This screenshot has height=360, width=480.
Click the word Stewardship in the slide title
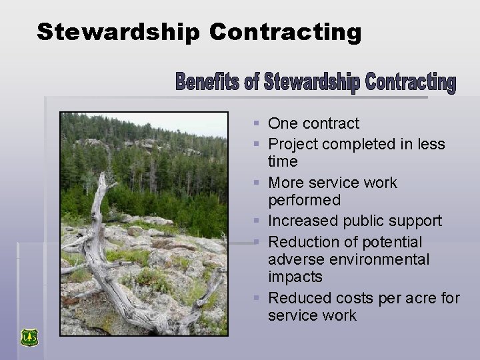coord(117,31)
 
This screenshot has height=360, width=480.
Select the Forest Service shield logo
coord(29,337)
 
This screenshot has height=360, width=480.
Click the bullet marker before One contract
coord(257,123)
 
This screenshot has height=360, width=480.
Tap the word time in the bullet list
coord(283,162)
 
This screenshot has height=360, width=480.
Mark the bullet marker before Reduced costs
coord(257,297)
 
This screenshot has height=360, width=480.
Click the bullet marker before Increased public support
coord(257,221)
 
